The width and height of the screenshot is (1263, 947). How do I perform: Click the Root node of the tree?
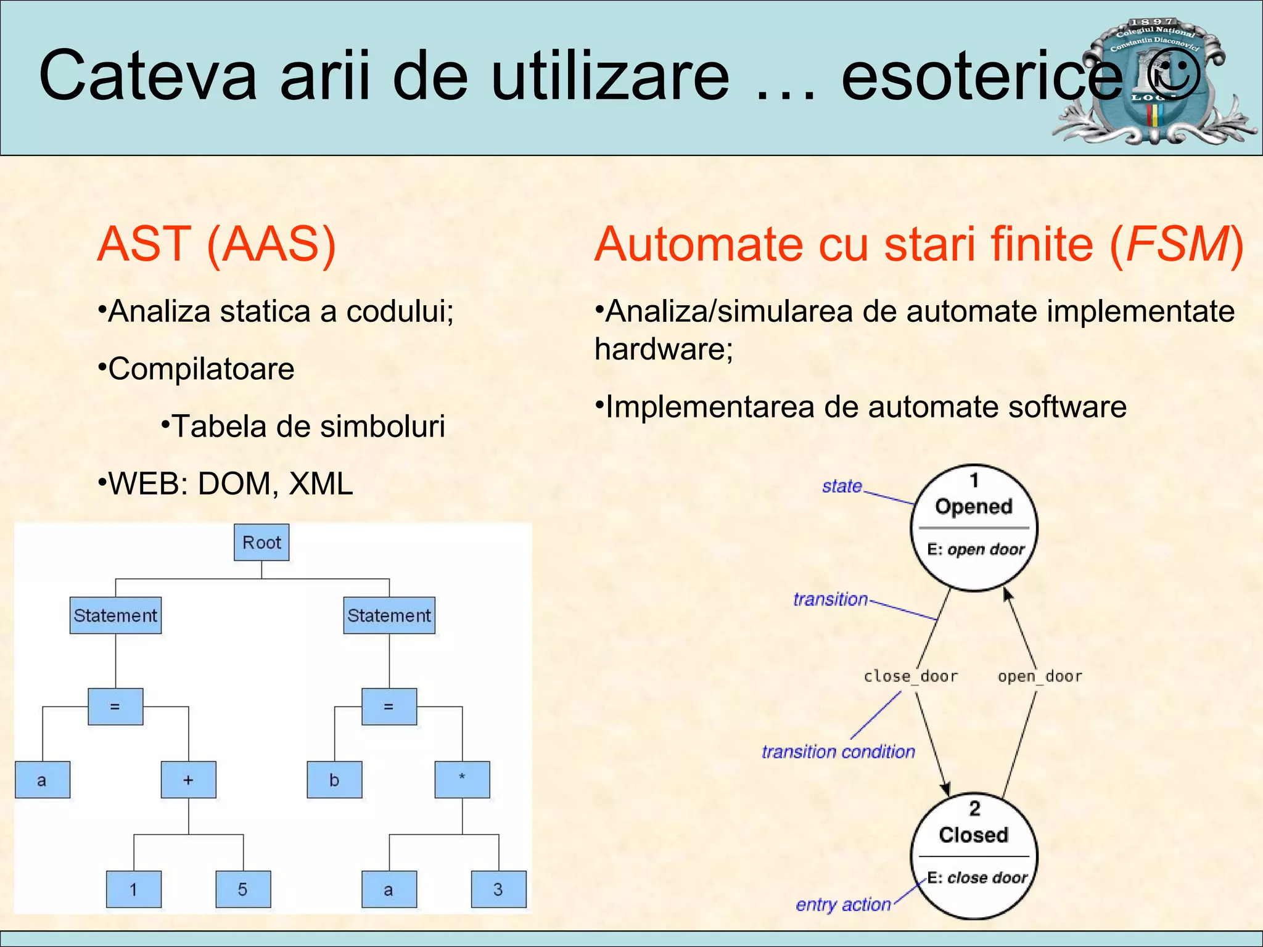click(x=261, y=543)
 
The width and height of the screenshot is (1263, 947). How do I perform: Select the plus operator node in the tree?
click(x=188, y=780)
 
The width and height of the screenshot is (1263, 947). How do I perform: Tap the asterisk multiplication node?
click(x=462, y=780)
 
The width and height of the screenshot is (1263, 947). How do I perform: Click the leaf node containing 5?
click(x=243, y=889)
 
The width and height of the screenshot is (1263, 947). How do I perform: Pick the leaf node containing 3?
click(x=498, y=889)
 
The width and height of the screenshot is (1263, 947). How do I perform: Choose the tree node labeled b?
click(x=334, y=780)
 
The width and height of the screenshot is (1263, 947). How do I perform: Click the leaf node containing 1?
click(x=133, y=889)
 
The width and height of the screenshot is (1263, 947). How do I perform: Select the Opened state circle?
click(x=974, y=528)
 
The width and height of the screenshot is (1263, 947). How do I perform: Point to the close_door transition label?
click(x=910, y=676)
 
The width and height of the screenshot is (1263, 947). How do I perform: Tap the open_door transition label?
click(x=1040, y=676)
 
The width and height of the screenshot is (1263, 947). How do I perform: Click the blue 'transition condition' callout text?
click(x=837, y=752)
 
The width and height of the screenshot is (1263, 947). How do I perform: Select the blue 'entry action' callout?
click(x=842, y=904)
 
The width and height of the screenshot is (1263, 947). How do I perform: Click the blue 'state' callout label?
click(x=842, y=486)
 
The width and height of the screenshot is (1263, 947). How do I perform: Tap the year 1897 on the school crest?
click(x=1152, y=22)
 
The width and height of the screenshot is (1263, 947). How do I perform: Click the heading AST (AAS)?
click(x=216, y=244)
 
